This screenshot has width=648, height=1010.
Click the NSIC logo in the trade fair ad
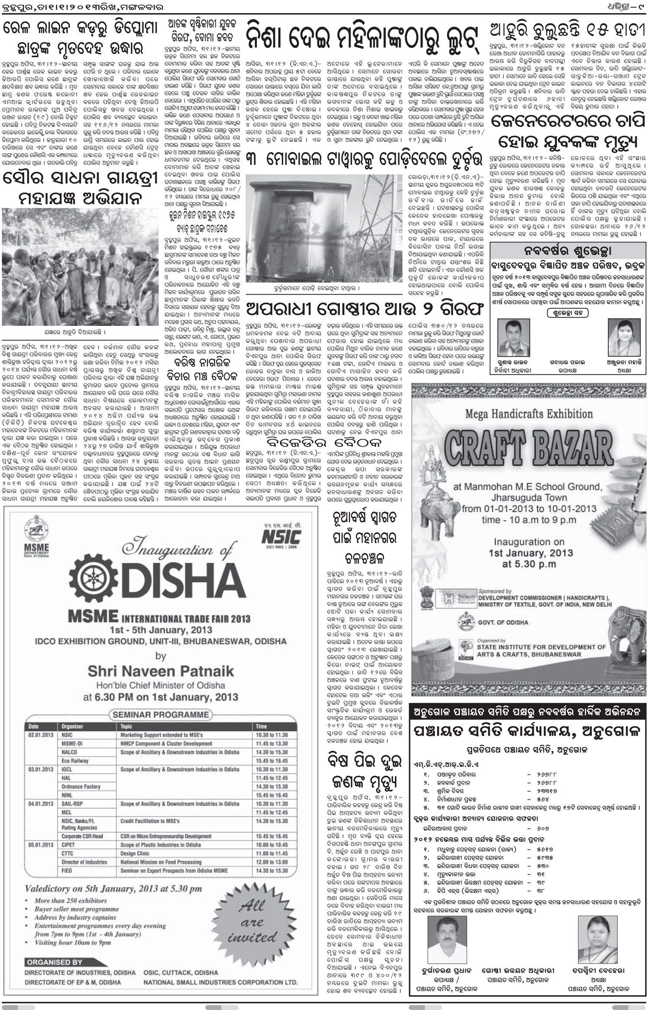[281, 537]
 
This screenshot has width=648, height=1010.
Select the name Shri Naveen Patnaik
[161, 671]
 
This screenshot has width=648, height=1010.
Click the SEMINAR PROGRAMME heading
[160, 714]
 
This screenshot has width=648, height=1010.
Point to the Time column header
[261, 727]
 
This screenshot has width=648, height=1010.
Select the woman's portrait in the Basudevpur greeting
[620, 337]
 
